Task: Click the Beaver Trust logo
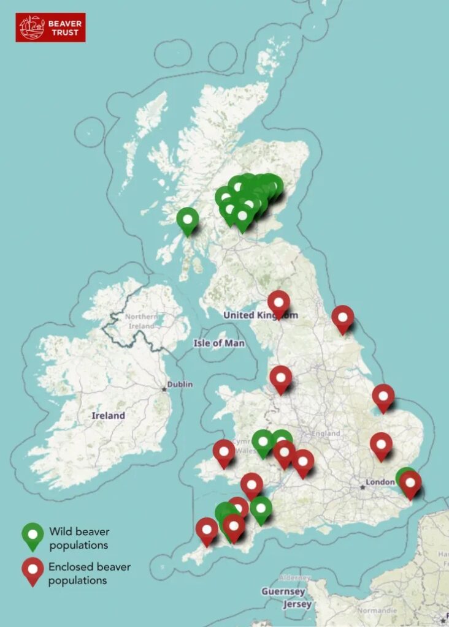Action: (x=50, y=28)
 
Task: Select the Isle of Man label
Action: (x=219, y=343)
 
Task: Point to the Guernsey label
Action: (x=283, y=591)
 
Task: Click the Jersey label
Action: (x=296, y=604)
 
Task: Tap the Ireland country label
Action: (x=108, y=416)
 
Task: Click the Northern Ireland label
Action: (x=140, y=321)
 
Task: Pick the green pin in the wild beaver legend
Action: (x=33, y=535)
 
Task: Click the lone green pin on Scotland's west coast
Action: (x=187, y=219)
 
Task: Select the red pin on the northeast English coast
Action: (x=343, y=317)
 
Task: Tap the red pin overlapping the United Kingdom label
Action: (x=279, y=302)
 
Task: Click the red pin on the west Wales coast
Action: (x=224, y=452)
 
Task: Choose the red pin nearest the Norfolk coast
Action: (x=383, y=396)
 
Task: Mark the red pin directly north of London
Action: (x=381, y=445)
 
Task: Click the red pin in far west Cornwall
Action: (x=207, y=530)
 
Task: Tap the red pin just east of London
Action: (x=410, y=482)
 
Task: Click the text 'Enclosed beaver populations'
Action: (x=90, y=573)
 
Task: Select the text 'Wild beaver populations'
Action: (x=79, y=538)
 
